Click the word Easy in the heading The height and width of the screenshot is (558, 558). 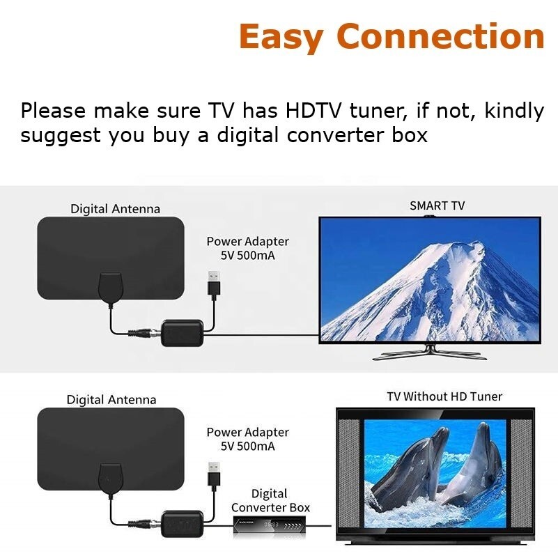coord(285,36)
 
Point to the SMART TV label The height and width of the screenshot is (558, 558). coord(437,206)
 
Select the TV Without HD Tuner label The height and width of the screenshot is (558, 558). coord(444,396)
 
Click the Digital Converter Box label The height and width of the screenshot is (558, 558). coord(270,501)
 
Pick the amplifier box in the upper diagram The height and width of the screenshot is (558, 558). coord(181,334)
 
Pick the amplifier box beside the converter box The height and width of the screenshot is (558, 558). coord(181,524)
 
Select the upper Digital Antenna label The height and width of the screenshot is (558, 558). coord(115,209)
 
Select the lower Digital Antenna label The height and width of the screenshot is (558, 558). coord(111,400)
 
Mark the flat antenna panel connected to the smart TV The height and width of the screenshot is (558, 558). coord(110,251)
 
